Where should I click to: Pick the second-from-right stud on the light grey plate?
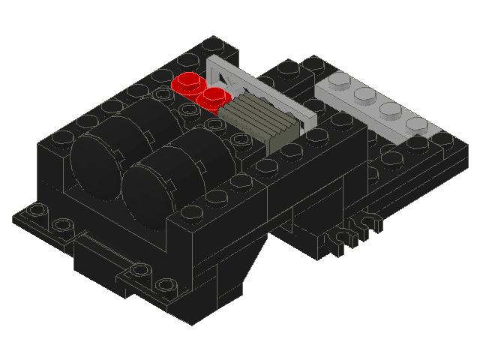[x=389, y=109]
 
